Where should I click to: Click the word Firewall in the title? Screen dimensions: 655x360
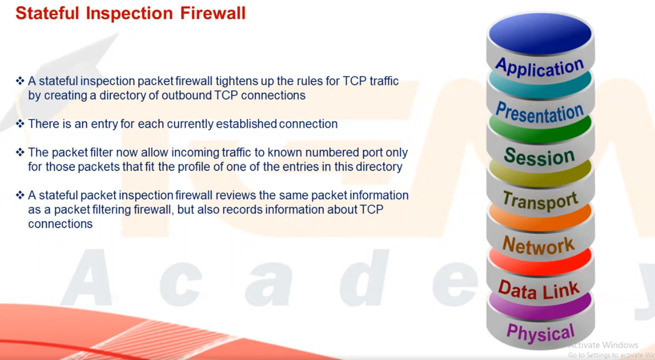point(213,13)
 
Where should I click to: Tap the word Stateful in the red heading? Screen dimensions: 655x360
point(48,13)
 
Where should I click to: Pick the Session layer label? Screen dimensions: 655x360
point(539,157)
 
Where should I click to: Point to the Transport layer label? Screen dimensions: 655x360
point(540,201)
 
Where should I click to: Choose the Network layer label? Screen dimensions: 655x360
point(538,245)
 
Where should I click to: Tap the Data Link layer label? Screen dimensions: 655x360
point(538,289)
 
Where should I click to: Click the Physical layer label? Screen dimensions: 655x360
point(540,333)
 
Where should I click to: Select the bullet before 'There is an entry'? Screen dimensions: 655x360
point(20,123)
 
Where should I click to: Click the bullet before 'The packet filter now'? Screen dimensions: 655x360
point(20,152)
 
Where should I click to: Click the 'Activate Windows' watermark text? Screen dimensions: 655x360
point(603,345)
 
